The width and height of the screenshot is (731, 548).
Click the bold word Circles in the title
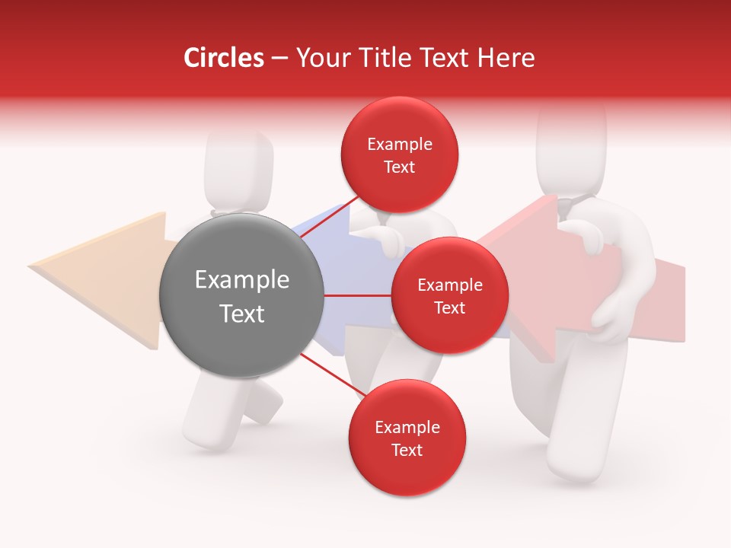pos(224,58)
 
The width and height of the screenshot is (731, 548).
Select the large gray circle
pos(241,295)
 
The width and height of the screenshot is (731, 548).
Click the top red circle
pos(400,155)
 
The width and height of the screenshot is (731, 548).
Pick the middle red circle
pos(449,295)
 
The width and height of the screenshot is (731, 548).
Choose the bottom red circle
pos(407,438)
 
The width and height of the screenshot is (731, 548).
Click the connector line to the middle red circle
pos(357,295)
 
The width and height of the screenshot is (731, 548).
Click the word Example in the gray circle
pos(241,280)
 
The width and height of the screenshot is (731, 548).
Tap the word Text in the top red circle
pos(400,167)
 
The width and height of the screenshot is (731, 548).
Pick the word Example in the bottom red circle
pos(407,428)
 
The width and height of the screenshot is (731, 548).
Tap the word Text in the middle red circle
pos(449,307)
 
